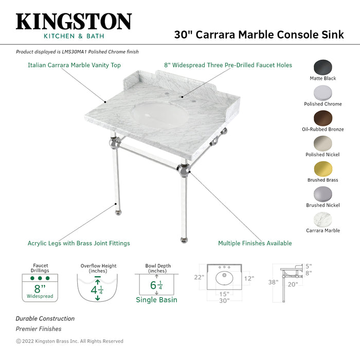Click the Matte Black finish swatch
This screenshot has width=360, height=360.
tap(323, 68)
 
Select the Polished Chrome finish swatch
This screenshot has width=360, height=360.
tap(323, 93)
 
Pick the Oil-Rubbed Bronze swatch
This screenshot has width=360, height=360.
tap(323, 118)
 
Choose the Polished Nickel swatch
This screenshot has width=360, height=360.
tap(323, 143)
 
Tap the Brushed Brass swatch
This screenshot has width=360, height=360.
tap(323, 169)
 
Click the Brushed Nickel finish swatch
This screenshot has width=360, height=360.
tap(323, 194)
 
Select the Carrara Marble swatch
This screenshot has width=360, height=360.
tap(323, 220)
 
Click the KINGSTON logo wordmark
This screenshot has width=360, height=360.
tap(74, 22)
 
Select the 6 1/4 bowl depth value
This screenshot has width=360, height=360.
tap(156, 285)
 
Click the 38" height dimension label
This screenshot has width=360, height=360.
tap(274, 282)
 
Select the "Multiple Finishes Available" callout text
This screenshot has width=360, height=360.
tap(255, 243)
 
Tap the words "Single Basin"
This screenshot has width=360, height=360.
tap(156, 300)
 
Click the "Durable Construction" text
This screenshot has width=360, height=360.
tap(45, 319)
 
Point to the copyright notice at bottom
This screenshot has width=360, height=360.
tap(69, 341)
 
